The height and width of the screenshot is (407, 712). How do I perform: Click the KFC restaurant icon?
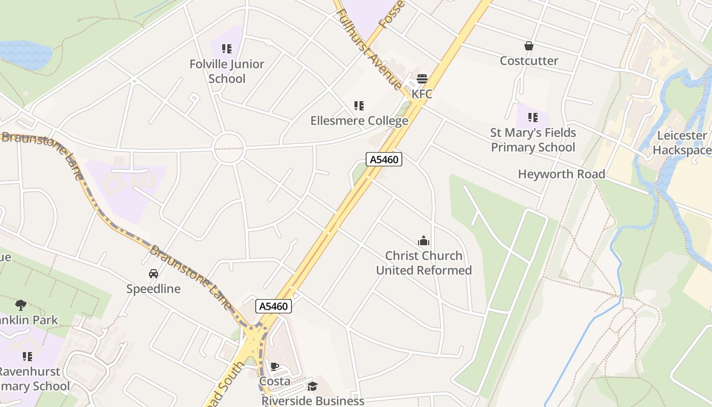click(x=422, y=79)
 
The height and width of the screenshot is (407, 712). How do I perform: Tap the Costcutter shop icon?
click(x=529, y=46)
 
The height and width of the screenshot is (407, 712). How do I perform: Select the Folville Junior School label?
click(x=227, y=71)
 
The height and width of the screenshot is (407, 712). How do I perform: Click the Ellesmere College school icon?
click(x=359, y=106)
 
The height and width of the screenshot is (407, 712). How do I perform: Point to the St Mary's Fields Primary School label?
click(x=533, y=140)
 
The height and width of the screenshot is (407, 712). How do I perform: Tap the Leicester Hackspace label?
click(x=682, y=142)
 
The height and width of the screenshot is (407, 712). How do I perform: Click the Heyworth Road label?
click(x=561, y=174)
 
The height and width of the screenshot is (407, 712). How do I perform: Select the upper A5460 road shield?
click(x=384, y=159)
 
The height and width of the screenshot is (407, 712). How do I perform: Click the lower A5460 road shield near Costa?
click(x=273, y=306)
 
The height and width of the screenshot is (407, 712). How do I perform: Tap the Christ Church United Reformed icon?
click(x=424, y=241)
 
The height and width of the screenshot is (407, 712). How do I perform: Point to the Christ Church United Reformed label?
click(x=424, y=263)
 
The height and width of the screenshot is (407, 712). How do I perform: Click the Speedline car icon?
click(x=154, y=274)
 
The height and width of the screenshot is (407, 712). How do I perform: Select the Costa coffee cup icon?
click(x=275, y=367)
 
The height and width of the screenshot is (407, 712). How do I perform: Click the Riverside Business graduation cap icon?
click(x=312, y=387)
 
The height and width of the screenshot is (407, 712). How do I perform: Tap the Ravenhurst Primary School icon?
click(x=27, y=356)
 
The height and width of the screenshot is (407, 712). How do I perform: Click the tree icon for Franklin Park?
click(x=21, y=305)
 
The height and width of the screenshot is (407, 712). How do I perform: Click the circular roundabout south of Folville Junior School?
click(x=229, y=148)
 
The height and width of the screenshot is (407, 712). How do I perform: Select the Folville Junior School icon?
click(x=227, y=49)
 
